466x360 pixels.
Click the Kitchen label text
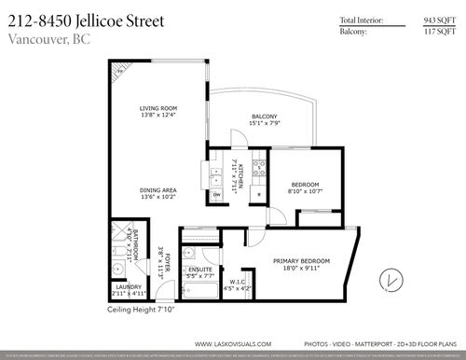(240, 174)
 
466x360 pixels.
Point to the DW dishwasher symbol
(216, 195)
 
